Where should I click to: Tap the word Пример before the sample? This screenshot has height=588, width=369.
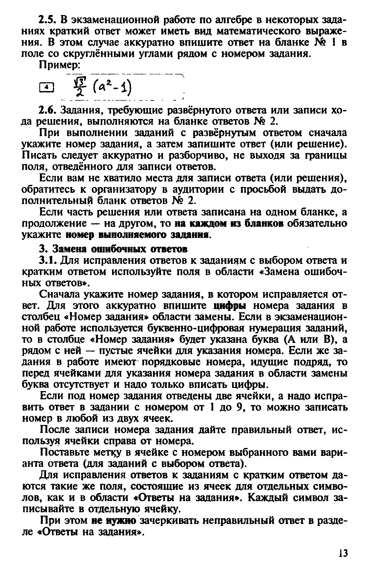coord(60,65)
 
